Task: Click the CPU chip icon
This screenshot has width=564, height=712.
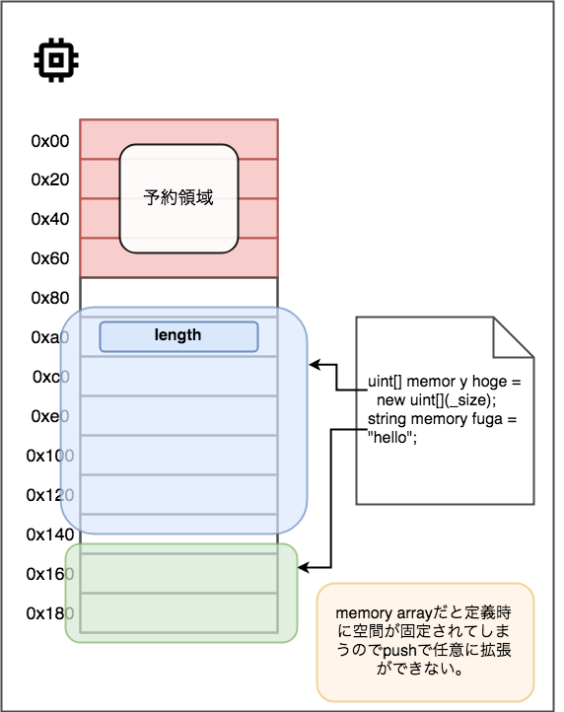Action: point(56,60)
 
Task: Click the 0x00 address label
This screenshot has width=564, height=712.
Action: point(50,141)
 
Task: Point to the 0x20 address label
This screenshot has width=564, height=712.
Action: point(50,179)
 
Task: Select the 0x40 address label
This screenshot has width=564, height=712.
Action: point(50,219)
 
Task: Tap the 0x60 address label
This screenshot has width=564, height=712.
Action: point(50,258)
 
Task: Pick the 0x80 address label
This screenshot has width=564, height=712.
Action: point(50,298)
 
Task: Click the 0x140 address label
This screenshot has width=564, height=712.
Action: point(50,534)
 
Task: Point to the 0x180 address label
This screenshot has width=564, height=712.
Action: point(50,613)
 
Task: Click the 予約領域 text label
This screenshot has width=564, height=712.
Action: point(178,197)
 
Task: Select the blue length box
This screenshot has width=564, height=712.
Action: point(178,336)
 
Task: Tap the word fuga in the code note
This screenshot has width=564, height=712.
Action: point(488,419)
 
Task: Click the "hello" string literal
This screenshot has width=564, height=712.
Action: point(391,438)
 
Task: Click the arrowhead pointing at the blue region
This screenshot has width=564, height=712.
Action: point(315,365)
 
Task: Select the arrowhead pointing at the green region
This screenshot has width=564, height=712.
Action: point(304,568)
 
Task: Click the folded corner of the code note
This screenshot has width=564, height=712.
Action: point(513,337)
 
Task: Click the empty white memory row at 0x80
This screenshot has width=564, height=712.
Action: point(178,298)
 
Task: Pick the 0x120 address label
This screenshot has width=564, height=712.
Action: point(50,495)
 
